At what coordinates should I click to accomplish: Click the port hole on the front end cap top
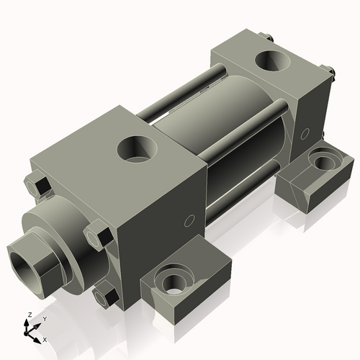137,149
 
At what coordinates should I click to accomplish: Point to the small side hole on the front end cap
190,220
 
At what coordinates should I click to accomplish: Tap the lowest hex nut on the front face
107,294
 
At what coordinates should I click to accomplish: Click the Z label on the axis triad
28,315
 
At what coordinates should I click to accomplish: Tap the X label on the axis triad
45,338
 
